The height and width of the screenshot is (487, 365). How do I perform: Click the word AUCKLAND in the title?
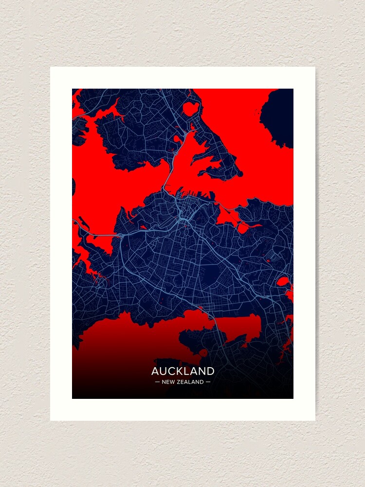(x=182, y=371)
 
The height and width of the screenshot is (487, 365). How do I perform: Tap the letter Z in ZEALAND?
(x=180, y=382)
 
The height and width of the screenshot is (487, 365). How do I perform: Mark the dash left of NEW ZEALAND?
(x=157, y=382)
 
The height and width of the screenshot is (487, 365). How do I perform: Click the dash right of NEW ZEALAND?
(x=208, y=382)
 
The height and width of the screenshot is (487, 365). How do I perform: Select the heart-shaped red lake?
(x=190, y=108)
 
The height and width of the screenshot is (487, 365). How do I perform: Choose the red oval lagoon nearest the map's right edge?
(x=282, y=281)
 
